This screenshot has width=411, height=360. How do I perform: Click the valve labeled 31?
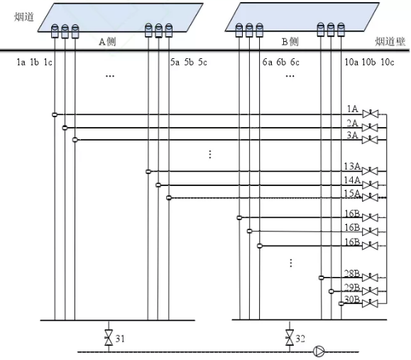109,338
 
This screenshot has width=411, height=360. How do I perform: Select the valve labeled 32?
290,338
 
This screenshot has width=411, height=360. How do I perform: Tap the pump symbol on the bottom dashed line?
319,351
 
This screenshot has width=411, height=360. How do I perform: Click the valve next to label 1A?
370,114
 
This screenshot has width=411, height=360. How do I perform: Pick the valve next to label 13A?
370,171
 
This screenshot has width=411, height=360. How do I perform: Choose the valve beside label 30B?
370,303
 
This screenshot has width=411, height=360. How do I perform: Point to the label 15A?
352,193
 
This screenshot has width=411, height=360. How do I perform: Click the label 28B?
352,273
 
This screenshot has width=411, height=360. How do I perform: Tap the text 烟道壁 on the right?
390,41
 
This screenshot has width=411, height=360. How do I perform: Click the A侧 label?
107,41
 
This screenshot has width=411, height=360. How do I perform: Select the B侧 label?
290,41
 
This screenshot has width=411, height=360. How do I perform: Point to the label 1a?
21,62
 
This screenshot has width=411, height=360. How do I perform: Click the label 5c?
202,62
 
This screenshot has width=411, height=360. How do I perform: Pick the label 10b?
368,62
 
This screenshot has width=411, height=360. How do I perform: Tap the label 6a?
268,62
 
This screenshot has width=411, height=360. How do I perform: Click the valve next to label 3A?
370,139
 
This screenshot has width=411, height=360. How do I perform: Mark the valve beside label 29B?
370,291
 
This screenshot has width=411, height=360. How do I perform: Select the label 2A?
352,123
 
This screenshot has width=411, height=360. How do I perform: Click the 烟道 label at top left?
24,17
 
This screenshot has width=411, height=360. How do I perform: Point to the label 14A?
352,180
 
